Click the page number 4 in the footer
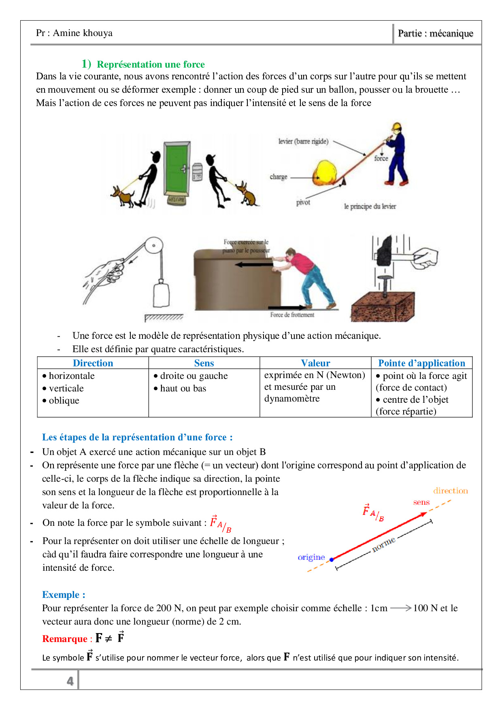[x=70, y=681]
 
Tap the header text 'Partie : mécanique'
[x=435, y=33]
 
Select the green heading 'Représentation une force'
[x=151, y=64]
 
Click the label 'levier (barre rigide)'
[x=303, y=141]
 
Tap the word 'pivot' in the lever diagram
[x=303, y=202]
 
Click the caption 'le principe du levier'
[x=370, y=206]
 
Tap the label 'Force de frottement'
[x=292, y=315]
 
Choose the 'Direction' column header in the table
[x=93, y=363]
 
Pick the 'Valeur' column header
[x=315, y=363]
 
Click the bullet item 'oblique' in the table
[x=64, y=401]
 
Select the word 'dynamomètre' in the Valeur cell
[x=292, y=399]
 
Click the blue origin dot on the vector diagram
[x=332, y=559]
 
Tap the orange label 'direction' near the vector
[x=450, y=491]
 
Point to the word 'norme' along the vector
[x=383, y=544]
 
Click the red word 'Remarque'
[x=65, y=639]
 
